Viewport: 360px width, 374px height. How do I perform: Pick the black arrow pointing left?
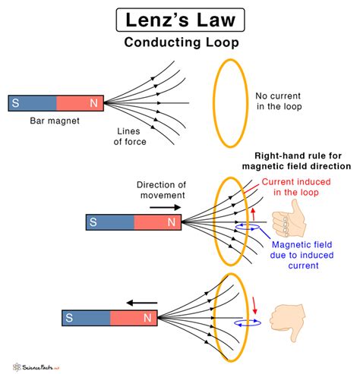tap(141, 303)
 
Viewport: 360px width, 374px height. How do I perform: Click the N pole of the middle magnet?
tap(159, 222)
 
